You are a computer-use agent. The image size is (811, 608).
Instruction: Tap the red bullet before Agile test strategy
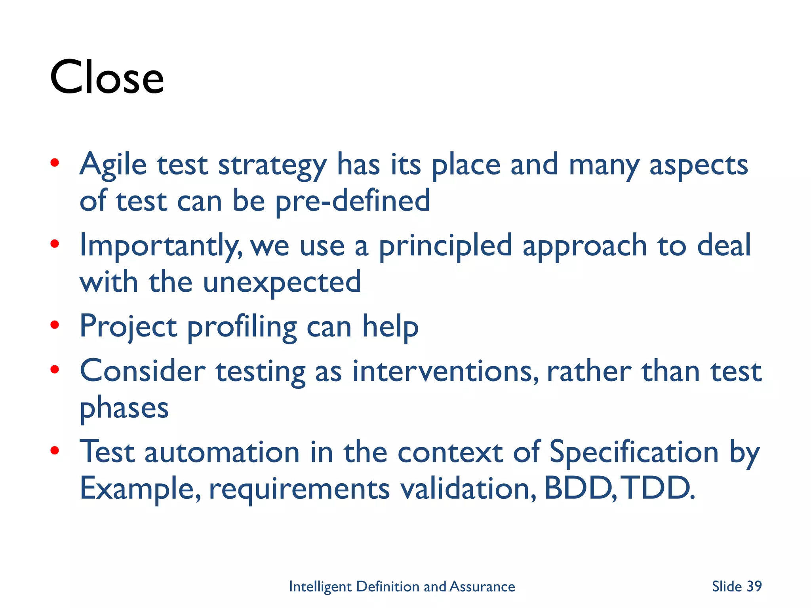click(55, 162)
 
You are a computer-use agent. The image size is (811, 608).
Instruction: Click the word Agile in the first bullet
click(113, 165)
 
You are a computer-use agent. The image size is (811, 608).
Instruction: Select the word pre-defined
click(352, 201)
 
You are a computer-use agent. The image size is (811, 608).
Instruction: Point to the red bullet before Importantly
click(55, 243)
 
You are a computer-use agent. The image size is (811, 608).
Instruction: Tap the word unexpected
click(282, 282)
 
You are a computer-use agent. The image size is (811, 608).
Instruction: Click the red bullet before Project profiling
click(55, 325)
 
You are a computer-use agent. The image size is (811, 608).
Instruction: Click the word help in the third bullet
click(390, 327)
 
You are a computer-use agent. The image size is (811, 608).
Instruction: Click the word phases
click(124, 408)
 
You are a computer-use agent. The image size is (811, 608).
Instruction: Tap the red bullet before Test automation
click(55, 450)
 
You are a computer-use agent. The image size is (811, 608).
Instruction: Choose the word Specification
click(634, 452)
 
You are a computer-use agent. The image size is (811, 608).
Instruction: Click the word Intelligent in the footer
click(320, 587)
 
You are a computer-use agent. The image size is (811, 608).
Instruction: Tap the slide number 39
click(754, 586)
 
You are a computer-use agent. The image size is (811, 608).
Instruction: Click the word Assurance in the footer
click(482, 587)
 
